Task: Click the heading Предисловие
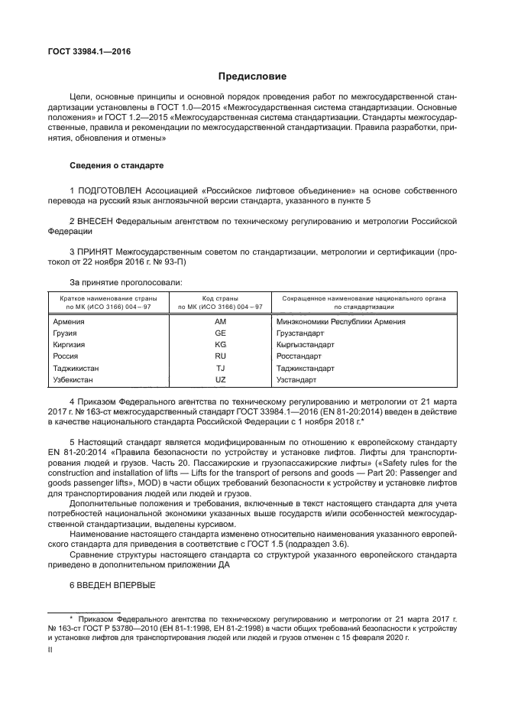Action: point(252,76)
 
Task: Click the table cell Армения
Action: point(68,322)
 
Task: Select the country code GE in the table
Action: point(221,333)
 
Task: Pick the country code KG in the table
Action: point(221,345)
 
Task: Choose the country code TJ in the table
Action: point(221,368)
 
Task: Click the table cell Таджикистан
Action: point(76,368)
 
